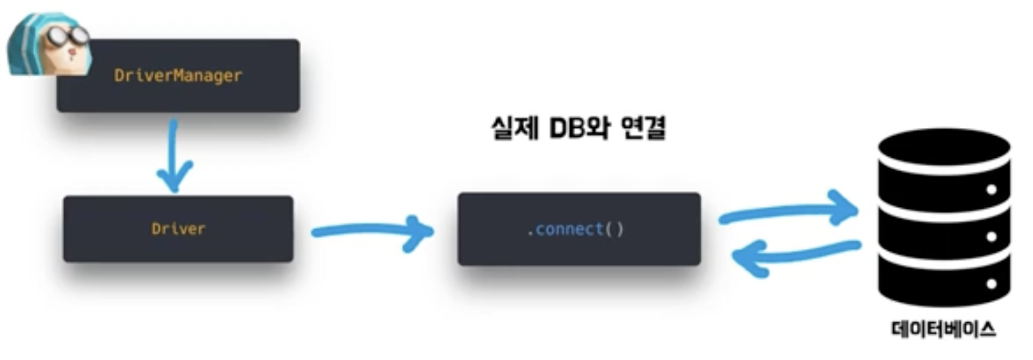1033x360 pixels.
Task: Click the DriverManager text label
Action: tap(178, 76)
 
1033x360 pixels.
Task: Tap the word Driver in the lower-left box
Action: tap(178, 229)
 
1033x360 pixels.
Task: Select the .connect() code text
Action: tap(575, 229)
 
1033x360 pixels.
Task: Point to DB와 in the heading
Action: tap(578, 128)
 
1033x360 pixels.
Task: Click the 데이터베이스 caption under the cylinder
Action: tap(944, 329)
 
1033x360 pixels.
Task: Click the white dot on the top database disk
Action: tap(991, 190)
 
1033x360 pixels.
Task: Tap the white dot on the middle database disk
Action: tap(991, 236)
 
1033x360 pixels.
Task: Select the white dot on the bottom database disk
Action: tap(991, 283)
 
